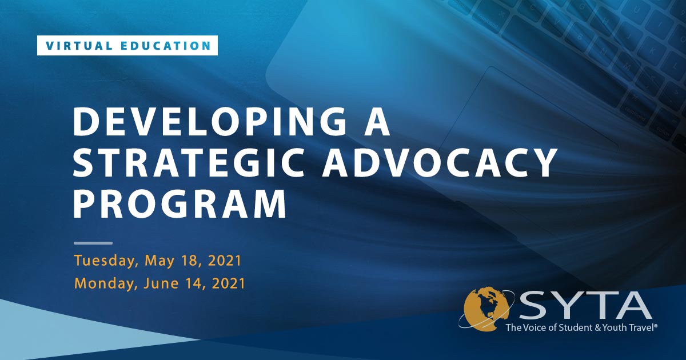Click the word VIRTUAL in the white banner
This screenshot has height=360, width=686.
79,46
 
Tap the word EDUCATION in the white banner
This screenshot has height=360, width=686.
166,46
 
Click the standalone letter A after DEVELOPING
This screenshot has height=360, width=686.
377,122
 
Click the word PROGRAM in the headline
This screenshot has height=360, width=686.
180,203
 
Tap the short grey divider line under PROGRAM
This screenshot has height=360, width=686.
93,243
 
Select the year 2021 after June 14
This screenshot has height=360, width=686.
229,283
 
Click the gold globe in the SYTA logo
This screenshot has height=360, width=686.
486,309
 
